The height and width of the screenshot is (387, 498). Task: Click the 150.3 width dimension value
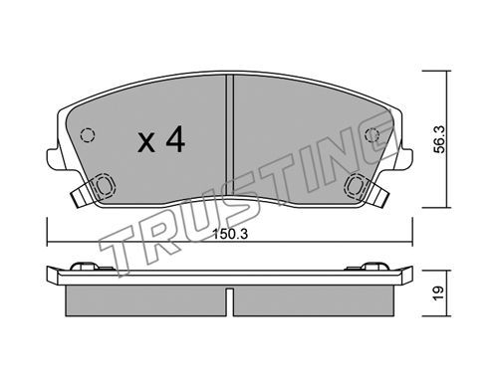point(230,235)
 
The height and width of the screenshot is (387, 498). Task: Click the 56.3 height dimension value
point(440,139)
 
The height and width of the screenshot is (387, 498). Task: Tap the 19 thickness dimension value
point(438,292)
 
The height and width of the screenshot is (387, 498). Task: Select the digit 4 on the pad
point(175,139)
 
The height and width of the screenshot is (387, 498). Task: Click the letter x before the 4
point(146,143)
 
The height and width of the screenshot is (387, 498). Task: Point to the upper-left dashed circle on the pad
point(88,135)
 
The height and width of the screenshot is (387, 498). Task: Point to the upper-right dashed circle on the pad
point(373,135)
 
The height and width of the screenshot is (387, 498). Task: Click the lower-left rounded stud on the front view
point(105,185)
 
